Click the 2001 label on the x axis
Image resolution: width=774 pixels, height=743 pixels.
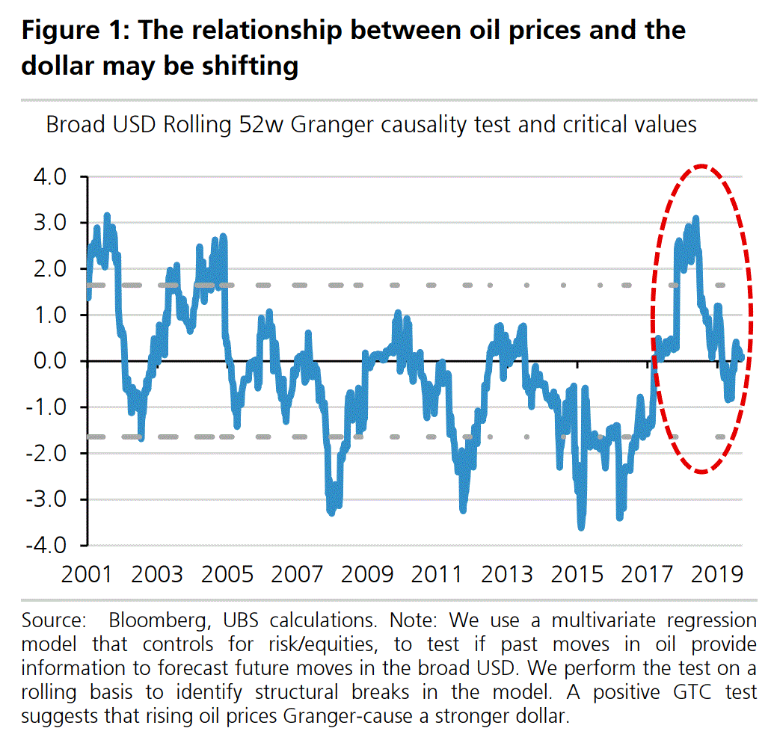(x=87, y=574)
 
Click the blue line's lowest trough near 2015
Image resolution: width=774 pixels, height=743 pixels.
(x=581, y=528)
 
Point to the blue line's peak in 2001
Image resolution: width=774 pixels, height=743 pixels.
(x=107, y=216)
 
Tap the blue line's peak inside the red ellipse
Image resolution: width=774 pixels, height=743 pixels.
(x=696, y=218)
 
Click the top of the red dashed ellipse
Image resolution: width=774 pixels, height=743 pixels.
(x=701, y=165)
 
